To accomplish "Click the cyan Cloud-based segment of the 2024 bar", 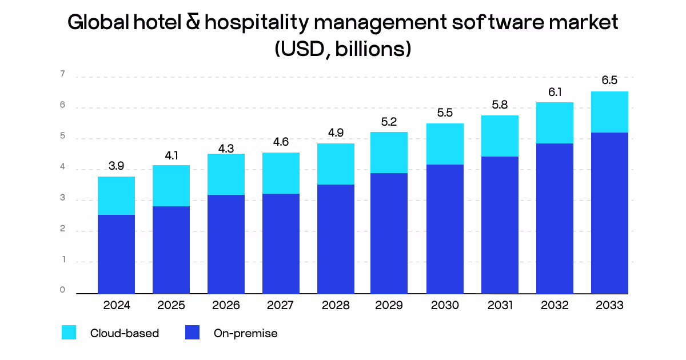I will pyautogui.click(x=116, y=195).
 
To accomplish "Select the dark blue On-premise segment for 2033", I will pyautogui.click(x=609, y=213).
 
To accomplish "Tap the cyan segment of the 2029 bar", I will pyautogui.click(x=389, y=153).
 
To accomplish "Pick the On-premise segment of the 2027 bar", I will pyautogui.click(x=281, y=243).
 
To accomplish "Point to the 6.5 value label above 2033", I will pyautogui.click(x=609, y=81).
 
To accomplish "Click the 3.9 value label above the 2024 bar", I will pyautogui.click(x=116, y=166).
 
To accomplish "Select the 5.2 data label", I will pyautogui.click(x=389, y=122).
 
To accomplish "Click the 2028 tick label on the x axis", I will pyautogui.click(x=336, y=305).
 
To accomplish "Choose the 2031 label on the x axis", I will pyautogui.click(x=500, y=305).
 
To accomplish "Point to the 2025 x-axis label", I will pyautogui.click(x=171, y=305).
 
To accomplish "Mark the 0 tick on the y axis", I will pyautogui.click(x=62, y=290).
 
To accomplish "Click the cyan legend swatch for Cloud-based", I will pyautogui.click(x=69, y=333).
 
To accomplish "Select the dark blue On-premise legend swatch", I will pyautogui.click(x=193, y=333).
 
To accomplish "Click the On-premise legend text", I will pyautogui.click(x=245, y=333).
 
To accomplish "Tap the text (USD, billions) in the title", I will pyautogui.click(x=343, y=49).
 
